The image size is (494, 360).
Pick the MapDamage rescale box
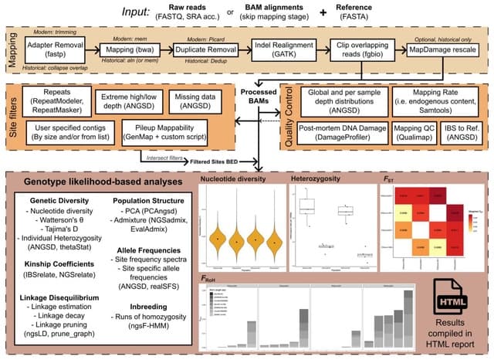pyautogui.click(x=444, y=51)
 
